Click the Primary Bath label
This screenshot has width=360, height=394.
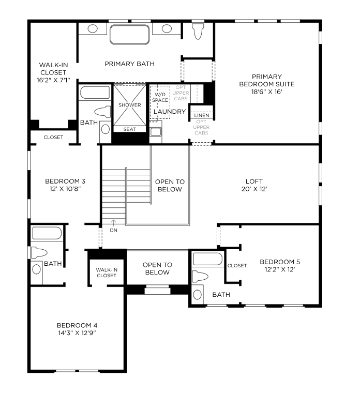tap(129, 64)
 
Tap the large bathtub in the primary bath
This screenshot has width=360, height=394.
tap(129, 34)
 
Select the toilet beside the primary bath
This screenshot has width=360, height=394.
tap(198, 32)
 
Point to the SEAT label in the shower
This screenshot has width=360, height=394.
tap(129, 129)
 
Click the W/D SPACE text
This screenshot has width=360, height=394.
tap(160, 97)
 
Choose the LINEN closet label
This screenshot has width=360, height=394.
tap(202, 115)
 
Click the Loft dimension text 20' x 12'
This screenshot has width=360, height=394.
tap(254, 189)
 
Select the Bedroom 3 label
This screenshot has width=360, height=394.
tap(65, 181)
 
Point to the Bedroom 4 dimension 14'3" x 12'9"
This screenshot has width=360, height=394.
tap(77, 333)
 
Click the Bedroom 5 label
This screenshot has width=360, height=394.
tap(280, 262)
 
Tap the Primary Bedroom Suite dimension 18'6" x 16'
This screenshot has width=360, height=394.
tap(267, 92)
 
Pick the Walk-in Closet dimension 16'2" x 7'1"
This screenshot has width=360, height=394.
tap(53, 80)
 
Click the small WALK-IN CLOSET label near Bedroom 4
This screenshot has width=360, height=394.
tap(107, 272)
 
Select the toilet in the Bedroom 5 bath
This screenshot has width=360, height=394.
tap(200, 277)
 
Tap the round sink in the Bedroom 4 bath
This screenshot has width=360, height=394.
tap(37, 269)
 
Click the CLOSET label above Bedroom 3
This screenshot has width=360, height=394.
tap(53, 137)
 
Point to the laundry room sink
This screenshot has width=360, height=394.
tap(156, 132)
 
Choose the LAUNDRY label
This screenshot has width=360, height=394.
tap(170, 112)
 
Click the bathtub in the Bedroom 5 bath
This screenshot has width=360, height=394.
tap(207, 259)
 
